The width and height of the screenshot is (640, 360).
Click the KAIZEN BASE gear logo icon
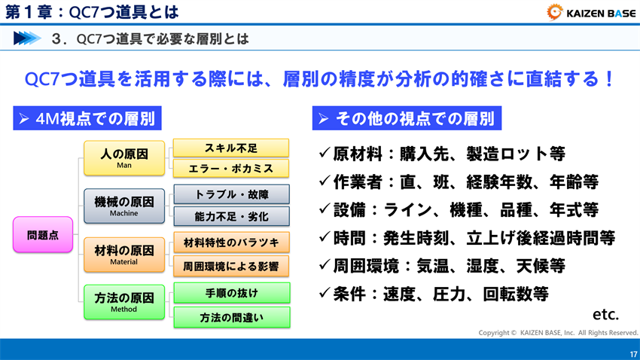[556, 11]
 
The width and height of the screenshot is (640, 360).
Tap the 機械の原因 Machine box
[124, 205]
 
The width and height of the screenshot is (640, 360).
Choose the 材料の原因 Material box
[124, 253]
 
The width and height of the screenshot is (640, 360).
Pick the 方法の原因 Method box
[124, 301]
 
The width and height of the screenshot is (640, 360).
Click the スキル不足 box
[231, 148]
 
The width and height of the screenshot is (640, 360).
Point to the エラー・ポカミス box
[231, 168]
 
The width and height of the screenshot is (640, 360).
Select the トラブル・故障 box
[231, 194]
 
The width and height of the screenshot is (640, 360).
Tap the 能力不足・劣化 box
[231, 216]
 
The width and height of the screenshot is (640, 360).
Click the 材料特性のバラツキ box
[231, 243]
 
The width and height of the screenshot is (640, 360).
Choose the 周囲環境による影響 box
[231, 264]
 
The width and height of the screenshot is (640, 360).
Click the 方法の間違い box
[231, 317]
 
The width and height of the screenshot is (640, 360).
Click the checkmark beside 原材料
[324, 153]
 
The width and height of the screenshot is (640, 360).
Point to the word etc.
[606, 313]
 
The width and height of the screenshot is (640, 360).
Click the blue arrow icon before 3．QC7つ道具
[28, 38]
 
